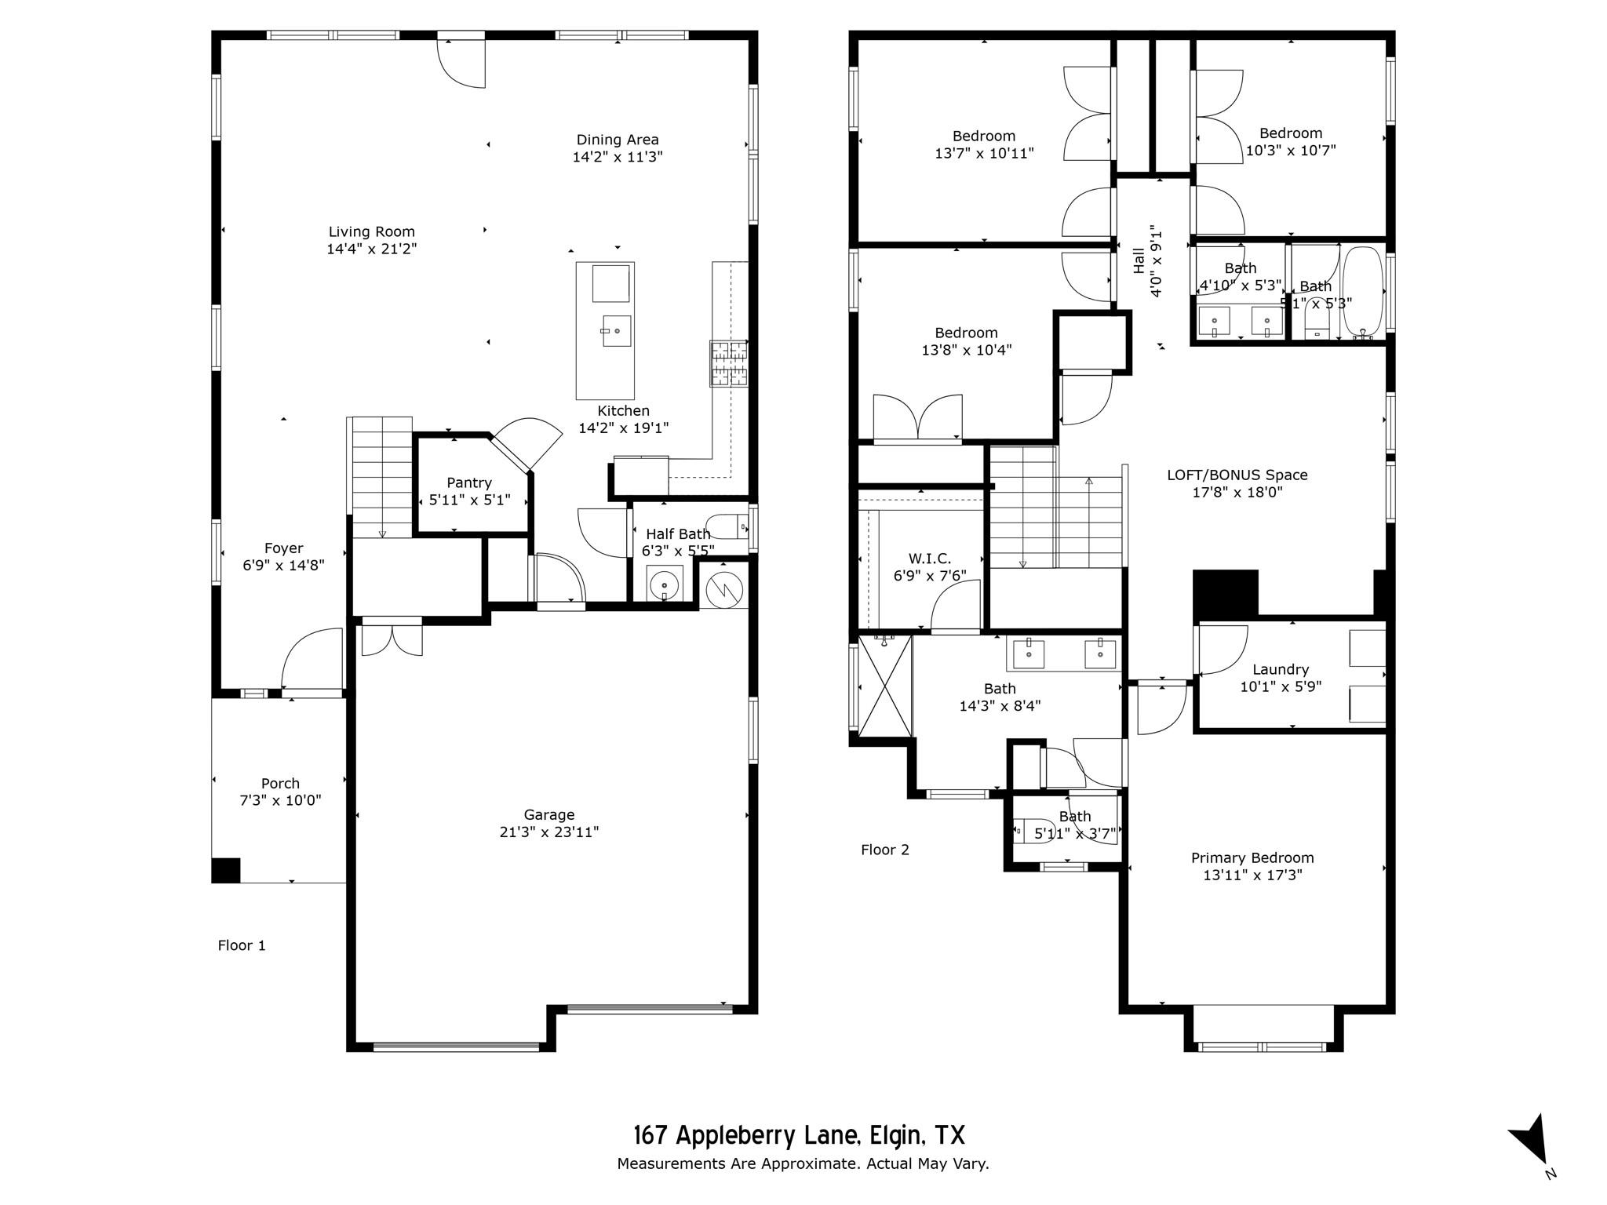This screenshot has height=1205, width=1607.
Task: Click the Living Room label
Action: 371,231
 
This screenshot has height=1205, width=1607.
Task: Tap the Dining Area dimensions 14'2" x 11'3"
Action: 617,157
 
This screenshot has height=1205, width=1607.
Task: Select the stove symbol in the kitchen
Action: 728,363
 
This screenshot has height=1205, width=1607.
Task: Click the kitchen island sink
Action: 616,331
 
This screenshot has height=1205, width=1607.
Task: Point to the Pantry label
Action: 469,482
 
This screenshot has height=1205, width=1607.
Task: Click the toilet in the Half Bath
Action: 727,526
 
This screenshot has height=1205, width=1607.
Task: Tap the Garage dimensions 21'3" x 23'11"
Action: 548,832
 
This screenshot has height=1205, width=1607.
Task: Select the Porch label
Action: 280,783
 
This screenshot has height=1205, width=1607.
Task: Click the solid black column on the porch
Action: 226,870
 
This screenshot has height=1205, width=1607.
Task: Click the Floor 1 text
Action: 242,945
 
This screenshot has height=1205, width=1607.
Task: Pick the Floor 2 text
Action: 884,850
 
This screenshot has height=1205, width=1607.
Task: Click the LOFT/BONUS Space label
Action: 1237,475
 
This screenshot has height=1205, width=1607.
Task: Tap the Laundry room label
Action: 1280,669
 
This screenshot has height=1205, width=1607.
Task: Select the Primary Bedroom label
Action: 1252,857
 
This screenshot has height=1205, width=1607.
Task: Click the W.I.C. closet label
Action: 929,559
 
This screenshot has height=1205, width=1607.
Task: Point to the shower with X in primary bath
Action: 885,686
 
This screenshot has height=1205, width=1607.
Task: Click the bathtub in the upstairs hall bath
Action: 1364,292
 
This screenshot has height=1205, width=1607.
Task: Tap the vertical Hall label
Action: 1139,260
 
